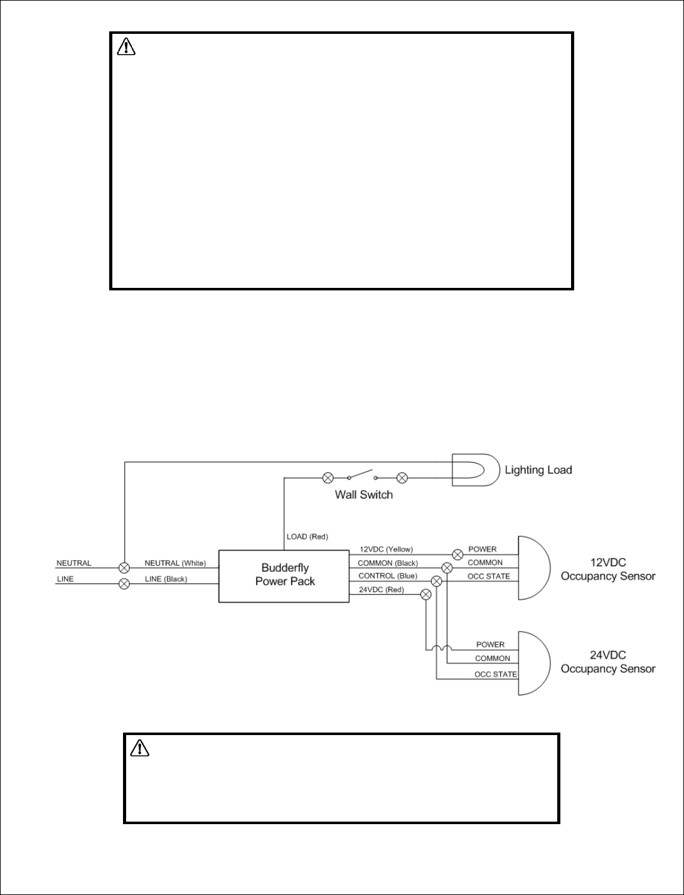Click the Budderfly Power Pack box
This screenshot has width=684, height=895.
[x=284, y=576]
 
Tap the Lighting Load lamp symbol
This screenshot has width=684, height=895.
[x=476, y=470]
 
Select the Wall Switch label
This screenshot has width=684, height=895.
[x=363, y=495]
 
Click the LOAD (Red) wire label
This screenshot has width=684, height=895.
[x=307, y=537]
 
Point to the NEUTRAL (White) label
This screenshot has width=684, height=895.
[x=175, y=563]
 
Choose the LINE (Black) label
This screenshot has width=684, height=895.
[x=166, y=579]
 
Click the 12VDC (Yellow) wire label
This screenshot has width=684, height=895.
[x=386, y=549]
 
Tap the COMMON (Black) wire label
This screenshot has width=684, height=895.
[x=387, y=563]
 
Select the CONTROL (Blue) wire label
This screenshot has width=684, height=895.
[x=387, y=576]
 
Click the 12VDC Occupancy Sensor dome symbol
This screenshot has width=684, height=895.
[x=533, y=568]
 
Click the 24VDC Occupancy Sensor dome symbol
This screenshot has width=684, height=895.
[x=533, y=663]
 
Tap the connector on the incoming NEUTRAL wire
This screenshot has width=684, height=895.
[x=124, y=567]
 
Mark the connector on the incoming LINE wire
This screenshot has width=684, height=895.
[x=124, y=583]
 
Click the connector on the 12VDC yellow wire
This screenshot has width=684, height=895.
[x=458, y=554]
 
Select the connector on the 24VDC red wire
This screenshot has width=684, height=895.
[x=426, y=595]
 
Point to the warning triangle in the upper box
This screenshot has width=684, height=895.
[x=127, y=46]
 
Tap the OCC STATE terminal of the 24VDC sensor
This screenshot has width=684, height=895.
[x=495, y=674]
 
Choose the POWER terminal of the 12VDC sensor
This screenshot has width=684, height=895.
[x=482, y=549]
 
